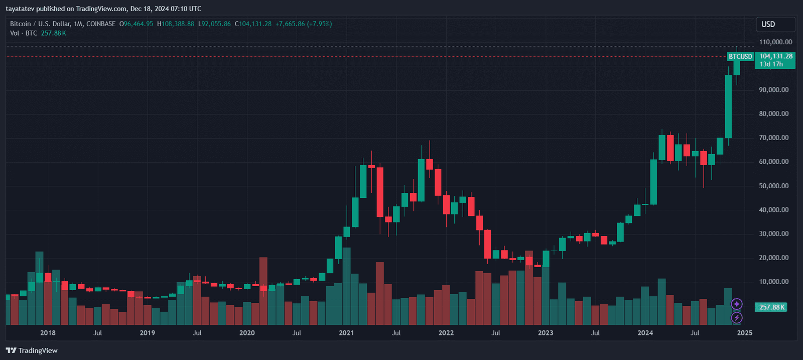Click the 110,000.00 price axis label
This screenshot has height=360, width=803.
(775, 42)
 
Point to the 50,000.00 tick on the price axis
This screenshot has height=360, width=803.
(773, 186)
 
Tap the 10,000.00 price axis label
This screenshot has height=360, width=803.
(773, 282)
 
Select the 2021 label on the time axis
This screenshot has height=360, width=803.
(346, 333)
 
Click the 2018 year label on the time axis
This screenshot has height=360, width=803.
(48, 333)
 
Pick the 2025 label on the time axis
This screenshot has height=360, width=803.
(744, 333)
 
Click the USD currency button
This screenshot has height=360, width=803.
(768, 24)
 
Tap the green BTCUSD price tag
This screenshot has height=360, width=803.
(740, 57)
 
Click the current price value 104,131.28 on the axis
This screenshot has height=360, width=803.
(776, 56)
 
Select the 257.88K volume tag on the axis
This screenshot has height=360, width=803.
(772, 307)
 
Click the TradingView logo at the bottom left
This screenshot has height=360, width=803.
(32, 350)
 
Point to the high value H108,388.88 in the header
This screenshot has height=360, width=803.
(176, 24)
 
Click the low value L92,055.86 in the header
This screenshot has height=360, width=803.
(214, 24)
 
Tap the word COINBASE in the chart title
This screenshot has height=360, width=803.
(101, 24)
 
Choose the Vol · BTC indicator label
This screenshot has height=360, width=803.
(24, 33)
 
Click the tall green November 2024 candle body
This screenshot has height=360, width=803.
(728, 106)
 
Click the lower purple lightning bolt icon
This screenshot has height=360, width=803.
(736, 318)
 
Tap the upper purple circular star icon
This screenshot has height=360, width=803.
(736, 304)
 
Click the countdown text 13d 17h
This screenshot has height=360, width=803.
(771, 64)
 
